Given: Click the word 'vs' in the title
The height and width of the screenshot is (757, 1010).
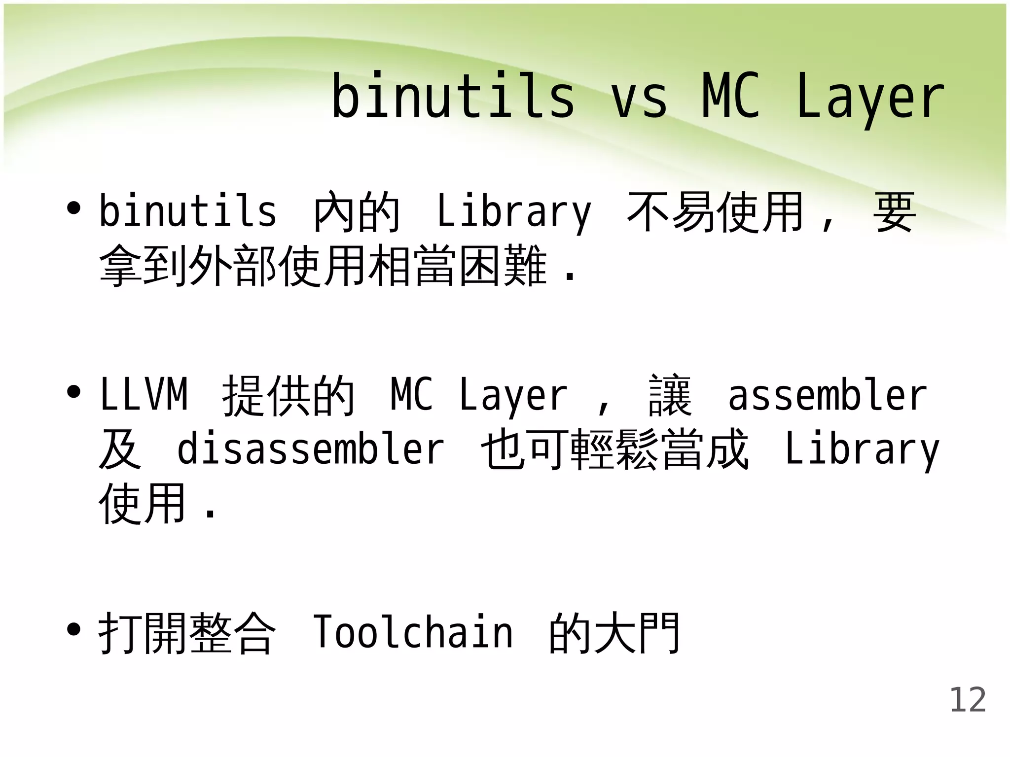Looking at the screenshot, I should [639, 97].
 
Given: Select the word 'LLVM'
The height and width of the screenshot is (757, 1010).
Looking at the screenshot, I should [144, 394].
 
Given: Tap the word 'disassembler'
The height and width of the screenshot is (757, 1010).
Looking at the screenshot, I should [311, 448].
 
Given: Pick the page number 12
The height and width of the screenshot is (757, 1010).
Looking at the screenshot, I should [968, 700].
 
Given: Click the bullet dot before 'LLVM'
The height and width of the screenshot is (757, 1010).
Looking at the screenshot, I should [74, 392].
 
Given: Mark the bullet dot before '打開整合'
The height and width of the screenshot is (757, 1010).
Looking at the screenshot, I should [74, 629].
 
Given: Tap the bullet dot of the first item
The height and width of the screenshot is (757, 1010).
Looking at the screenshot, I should [74, 208].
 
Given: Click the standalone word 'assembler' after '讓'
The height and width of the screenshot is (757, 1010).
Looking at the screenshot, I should [828, 395].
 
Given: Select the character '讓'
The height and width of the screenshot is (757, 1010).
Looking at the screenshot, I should [670, 395].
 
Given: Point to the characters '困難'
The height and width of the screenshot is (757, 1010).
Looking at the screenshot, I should [503, 266].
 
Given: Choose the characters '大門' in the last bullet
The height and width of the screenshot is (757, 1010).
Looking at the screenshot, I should [638, 633].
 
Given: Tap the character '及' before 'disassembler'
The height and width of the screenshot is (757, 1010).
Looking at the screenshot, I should [120, 448].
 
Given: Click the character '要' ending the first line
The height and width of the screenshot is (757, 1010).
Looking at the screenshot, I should [894, 212].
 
